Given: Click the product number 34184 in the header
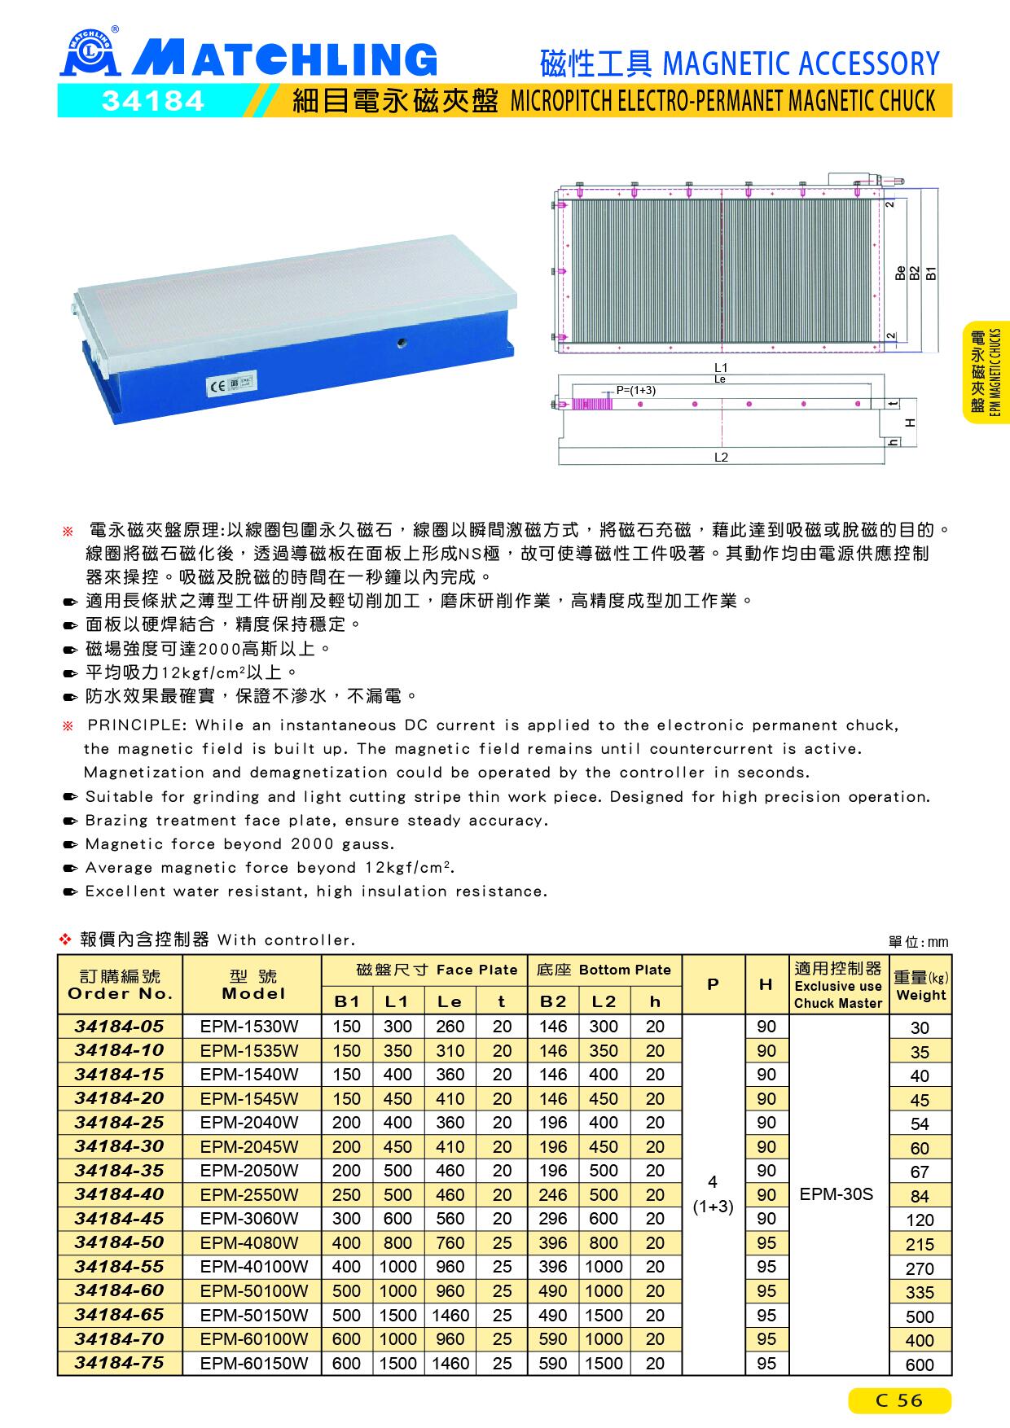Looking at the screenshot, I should [153, 101].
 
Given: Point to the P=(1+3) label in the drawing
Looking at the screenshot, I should [635, 390].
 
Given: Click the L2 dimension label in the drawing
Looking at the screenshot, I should [721, 458].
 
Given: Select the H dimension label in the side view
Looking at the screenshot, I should [910, 423].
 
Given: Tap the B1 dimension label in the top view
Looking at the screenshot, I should [931, 273].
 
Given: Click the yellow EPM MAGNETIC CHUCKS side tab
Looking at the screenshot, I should [986, 373].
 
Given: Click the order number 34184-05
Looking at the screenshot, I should [120, 1026].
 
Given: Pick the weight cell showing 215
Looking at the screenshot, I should [920, 1244].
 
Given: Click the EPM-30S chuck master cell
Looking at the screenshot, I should [837, 1194].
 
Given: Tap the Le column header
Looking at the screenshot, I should [450, 1001].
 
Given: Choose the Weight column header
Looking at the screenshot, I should [920, 986].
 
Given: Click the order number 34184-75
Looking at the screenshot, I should [120, 1362].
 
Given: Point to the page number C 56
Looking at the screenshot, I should [899, 1400].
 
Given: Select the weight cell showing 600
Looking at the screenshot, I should [920, 1364].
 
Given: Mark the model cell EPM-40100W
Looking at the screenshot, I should [254, 1267].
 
